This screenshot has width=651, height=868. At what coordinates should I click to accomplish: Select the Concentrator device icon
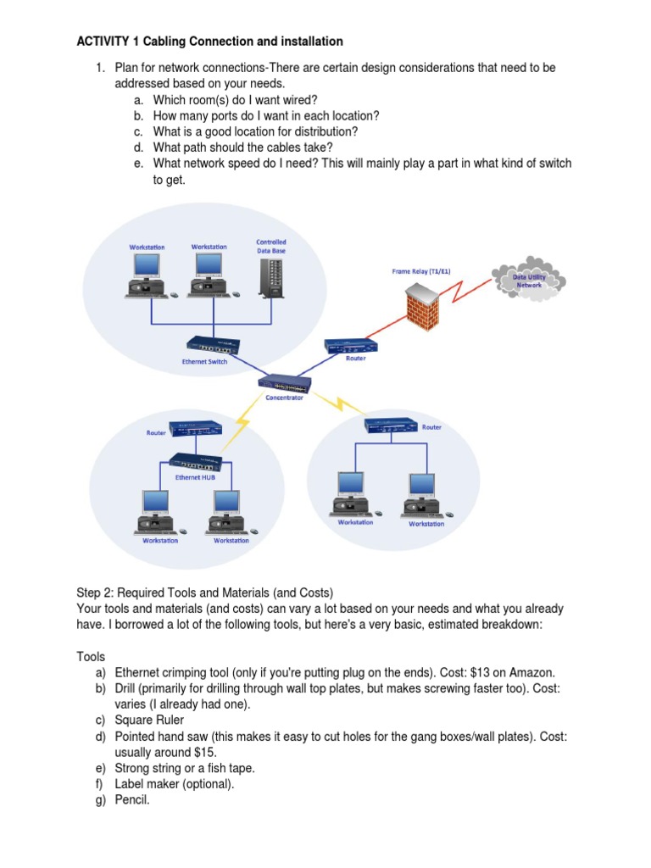(x=285, y=382)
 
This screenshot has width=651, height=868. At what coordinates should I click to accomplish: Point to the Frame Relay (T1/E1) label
(x=420, y=271)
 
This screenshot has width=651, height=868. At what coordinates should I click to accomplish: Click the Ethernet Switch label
(x=206, y=361)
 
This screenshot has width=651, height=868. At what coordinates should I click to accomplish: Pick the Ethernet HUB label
(x=194, y=477)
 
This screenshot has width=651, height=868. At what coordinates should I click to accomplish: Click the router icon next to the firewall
(x=350, y=345)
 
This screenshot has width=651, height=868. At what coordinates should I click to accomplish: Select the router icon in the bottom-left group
(x=195, y=430)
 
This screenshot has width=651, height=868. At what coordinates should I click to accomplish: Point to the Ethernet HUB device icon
(x=196, y=462)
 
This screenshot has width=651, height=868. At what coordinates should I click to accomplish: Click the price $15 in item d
(x=205, y=752)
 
